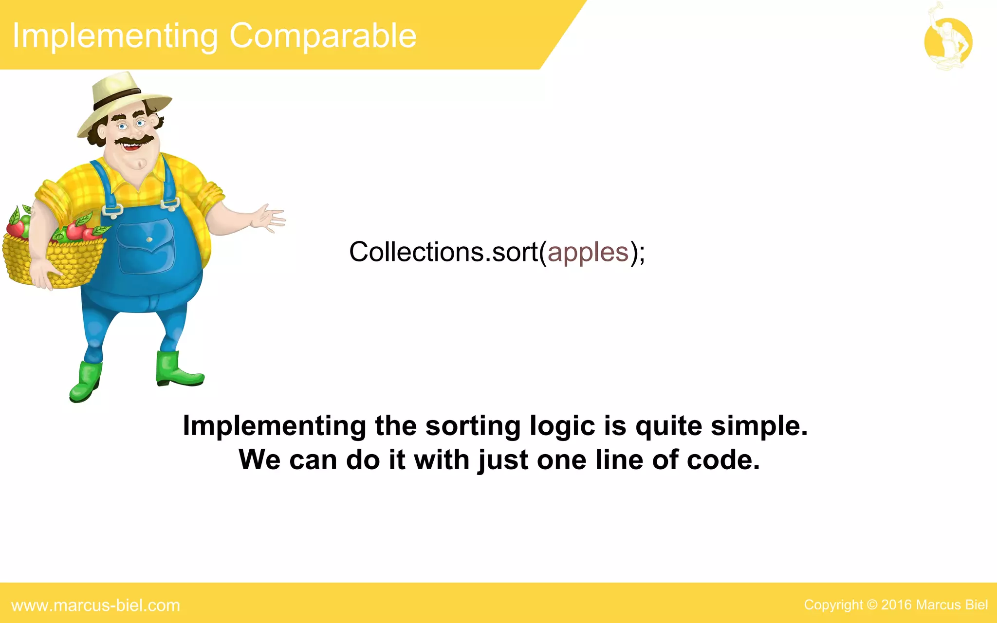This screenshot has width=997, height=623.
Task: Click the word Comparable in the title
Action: pos(323,37)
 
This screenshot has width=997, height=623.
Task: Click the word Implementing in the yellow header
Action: pos(115,37)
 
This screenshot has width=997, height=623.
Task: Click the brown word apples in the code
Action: pos(588,253)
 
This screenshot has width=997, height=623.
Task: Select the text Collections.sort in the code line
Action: pos(443,253)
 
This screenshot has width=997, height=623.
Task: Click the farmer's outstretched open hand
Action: pos(268,219)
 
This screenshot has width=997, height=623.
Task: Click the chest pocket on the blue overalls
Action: pos(146,246)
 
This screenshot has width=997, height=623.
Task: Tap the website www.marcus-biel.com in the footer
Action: pos(96,605)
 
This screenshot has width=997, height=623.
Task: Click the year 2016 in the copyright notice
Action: pos(896,605)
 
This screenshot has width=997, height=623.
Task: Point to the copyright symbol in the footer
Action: pos(872,605)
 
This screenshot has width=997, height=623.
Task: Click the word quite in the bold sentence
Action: pos(668,426)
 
